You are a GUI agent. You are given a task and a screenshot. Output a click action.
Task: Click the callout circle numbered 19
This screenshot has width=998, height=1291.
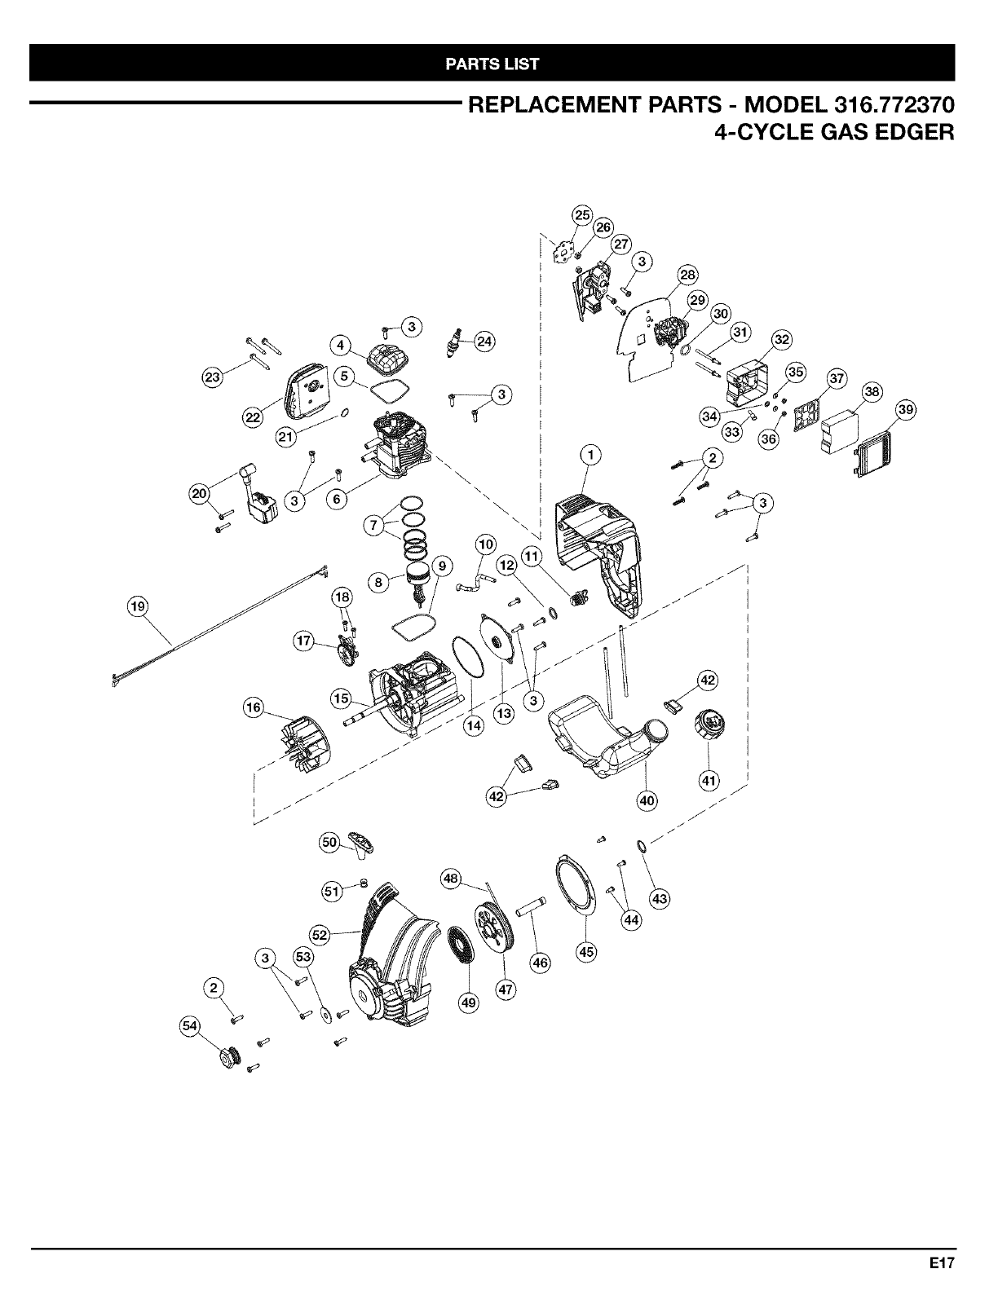[138, 606]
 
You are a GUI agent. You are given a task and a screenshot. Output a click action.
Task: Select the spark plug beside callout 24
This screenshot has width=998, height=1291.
[457, 343]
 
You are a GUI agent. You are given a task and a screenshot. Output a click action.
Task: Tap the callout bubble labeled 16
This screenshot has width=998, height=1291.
[254, 707]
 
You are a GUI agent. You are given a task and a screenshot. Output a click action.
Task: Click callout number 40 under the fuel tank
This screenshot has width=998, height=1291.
[647, 800]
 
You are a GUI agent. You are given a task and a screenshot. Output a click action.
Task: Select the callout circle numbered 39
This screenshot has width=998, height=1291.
[904, 408]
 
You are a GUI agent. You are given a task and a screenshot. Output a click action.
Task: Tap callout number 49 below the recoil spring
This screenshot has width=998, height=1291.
[468, 1003]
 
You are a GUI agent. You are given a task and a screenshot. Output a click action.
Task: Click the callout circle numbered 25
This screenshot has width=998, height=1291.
[581, 215]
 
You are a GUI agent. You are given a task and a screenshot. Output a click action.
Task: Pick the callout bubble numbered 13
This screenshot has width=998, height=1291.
[505, 713]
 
